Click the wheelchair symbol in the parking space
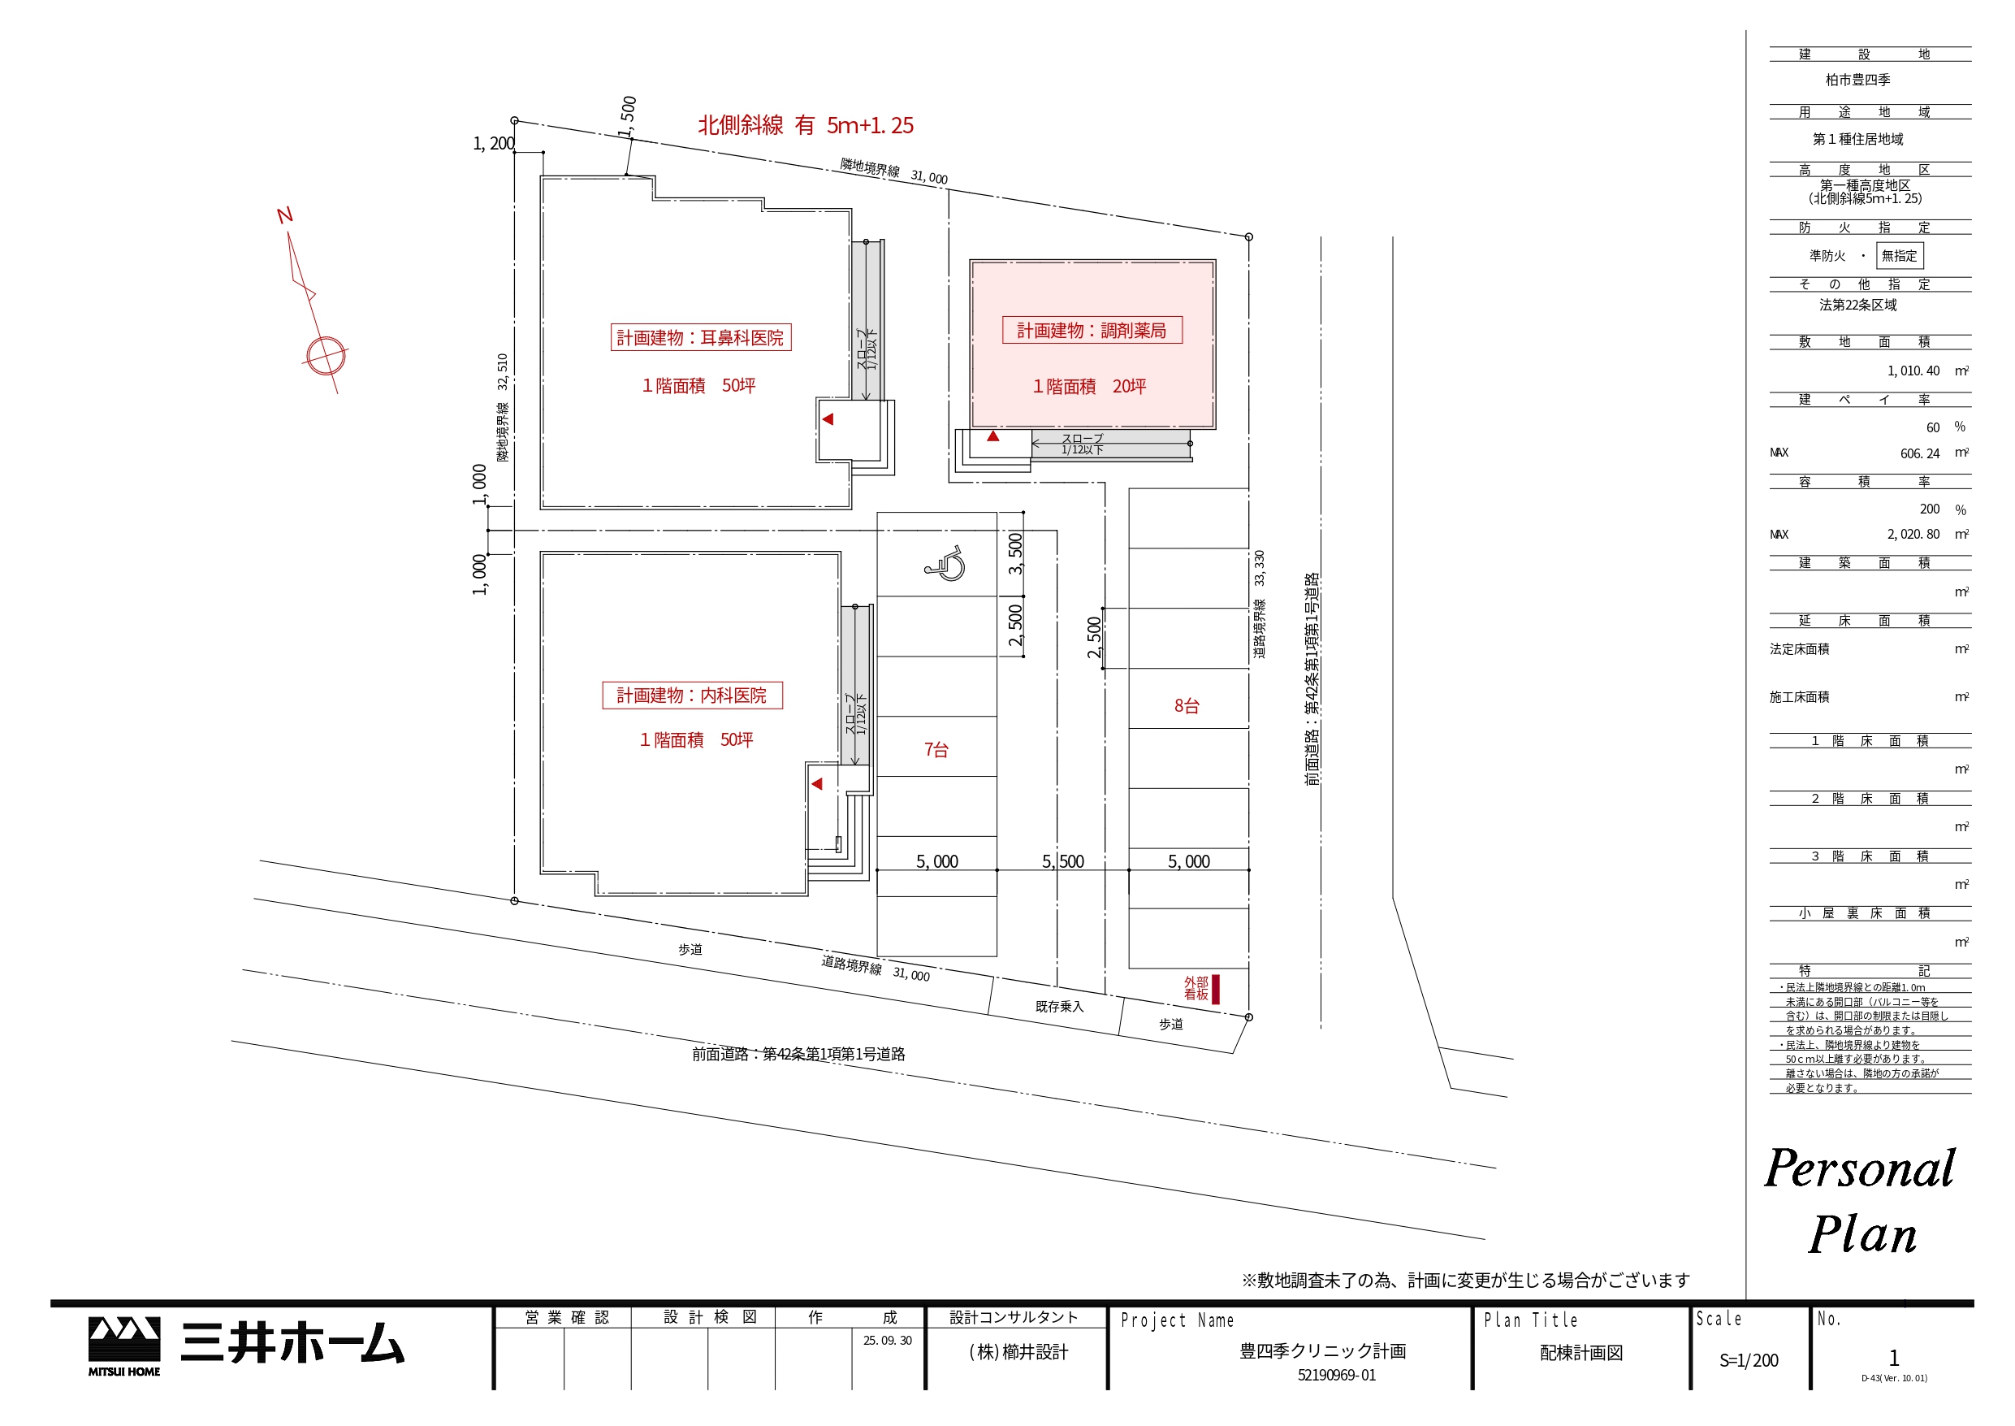(x=945, y=563)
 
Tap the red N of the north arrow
(x=284, y=215)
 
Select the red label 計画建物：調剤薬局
(x=1092, y=330)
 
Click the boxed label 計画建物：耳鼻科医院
(x=700, y=337)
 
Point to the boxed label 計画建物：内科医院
(x=691, y=696)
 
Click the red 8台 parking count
(x=1187, y=706)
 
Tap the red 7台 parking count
(x=936, y=750)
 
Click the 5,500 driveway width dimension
(x=1063, y=861)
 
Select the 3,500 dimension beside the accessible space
(x=1015, y=553)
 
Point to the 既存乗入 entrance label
(x=1059, y=1006)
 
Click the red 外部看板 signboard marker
(x=1216, y=989)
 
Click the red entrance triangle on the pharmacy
(x=992, y=436)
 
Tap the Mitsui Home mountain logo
(x=123, y=1346)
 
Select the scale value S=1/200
(x=1749, y=1360)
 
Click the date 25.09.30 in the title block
(x=887, y=1340)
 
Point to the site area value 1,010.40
(x=1913, y=371)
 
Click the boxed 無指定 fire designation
(x=1899, y=255)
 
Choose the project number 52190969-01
(x=1337, y=1375)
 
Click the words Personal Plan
(x=1861, y=1201)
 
